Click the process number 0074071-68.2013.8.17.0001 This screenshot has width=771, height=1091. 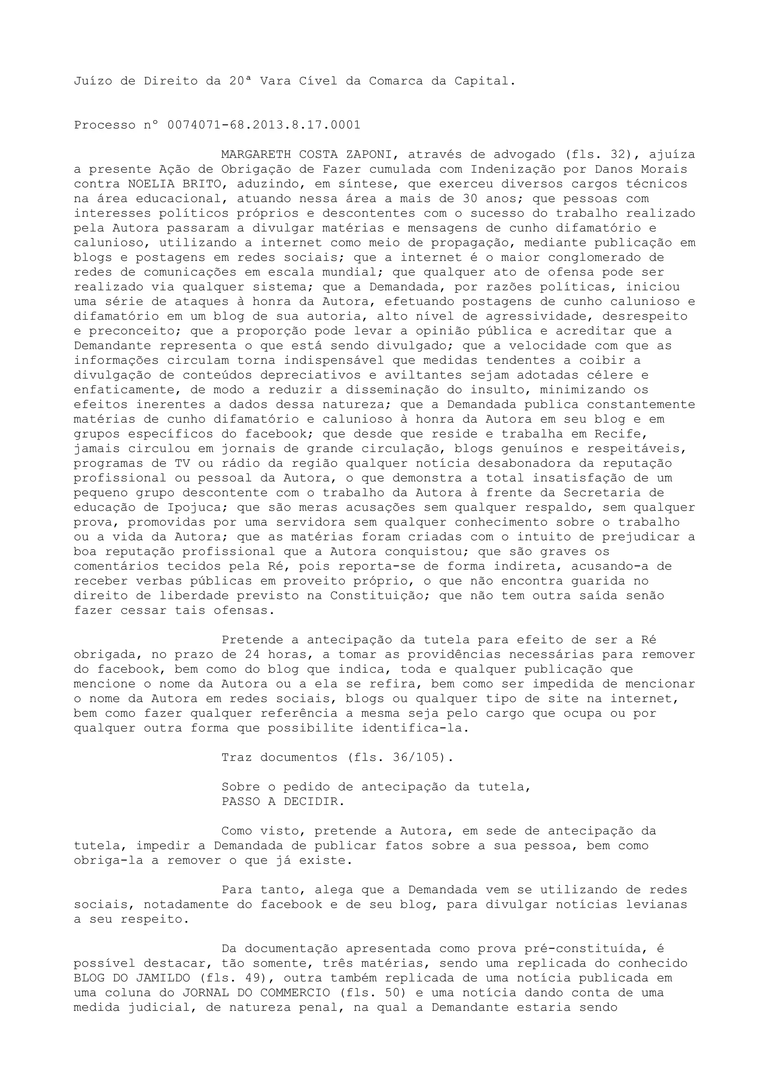(x=264, y=125)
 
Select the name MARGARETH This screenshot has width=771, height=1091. (x=256, y=154)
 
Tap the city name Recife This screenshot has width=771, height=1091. (x=617, y=434)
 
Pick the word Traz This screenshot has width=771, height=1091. (x=236, y=757)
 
